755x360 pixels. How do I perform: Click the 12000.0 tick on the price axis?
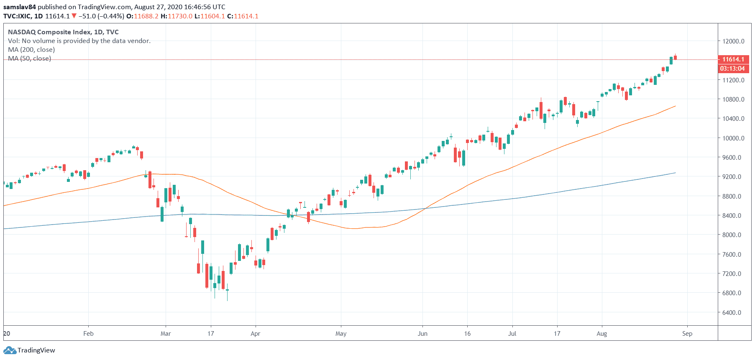733,41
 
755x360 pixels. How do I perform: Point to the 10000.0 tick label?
733,138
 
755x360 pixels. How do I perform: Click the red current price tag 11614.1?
733,59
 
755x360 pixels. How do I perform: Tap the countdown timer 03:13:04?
732,69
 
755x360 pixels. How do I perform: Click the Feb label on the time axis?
88,334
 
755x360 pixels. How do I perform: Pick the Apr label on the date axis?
255,334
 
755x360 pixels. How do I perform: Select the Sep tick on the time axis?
687,334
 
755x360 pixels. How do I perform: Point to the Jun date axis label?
422,334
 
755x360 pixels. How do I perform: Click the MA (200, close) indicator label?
31,50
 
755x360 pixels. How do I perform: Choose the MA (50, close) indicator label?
30,59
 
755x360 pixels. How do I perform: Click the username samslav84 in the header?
20,7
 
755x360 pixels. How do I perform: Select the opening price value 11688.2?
146,16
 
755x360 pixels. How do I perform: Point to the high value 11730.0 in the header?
180,16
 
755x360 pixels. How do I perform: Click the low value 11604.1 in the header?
212,16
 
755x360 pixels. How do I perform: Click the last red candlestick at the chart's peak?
675,57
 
